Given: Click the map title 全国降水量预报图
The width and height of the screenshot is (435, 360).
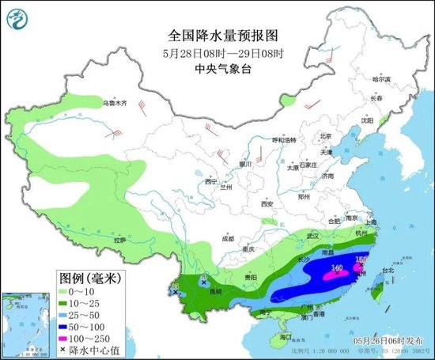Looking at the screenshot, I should (223, 36).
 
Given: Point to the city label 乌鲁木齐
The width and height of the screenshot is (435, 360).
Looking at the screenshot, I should (113, 104).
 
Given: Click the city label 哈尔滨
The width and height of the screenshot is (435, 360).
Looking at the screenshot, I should (382, 80).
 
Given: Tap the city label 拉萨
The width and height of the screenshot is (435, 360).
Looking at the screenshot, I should (119, 239).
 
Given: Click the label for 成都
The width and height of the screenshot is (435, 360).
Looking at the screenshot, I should (228, 237).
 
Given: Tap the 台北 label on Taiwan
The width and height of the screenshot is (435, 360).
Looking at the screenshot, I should (388, 270).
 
